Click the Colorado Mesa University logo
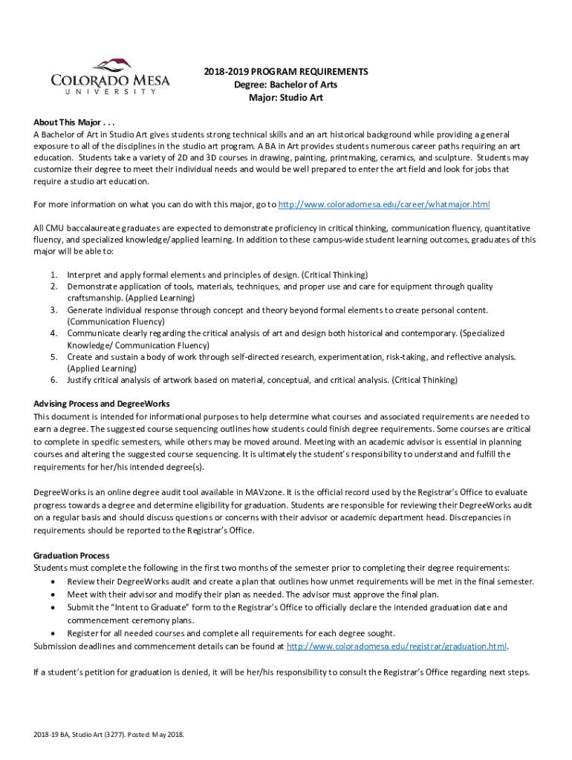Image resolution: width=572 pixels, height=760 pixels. coord(110,77)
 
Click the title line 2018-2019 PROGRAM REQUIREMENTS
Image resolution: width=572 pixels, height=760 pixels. coord(285,72)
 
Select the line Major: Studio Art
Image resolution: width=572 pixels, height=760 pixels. coord(285,98)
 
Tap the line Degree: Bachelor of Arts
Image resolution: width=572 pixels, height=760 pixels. coord(285,85)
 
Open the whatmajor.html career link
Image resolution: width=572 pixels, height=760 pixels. coord(383,205)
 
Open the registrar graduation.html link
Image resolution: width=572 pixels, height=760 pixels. coord(397,646)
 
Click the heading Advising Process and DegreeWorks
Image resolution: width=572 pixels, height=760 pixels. coord(102,404)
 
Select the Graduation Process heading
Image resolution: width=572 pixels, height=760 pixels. coord(71,555)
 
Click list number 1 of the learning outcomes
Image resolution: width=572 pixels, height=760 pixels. coord(54,275)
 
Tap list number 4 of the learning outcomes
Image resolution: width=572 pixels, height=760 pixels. coord(54,333)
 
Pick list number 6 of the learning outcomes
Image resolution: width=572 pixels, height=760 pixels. coord(54,380)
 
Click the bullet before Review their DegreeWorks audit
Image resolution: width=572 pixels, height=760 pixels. coord(52,582)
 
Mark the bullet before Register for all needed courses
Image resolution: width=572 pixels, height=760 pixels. coord(52,634)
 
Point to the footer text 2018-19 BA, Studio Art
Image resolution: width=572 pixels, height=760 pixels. coord(108,735)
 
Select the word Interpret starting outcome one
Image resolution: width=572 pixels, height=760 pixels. coord(85,275)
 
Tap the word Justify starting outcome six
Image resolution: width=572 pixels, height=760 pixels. coord(80,380)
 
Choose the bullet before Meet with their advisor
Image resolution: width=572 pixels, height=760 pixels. coord(52,594)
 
